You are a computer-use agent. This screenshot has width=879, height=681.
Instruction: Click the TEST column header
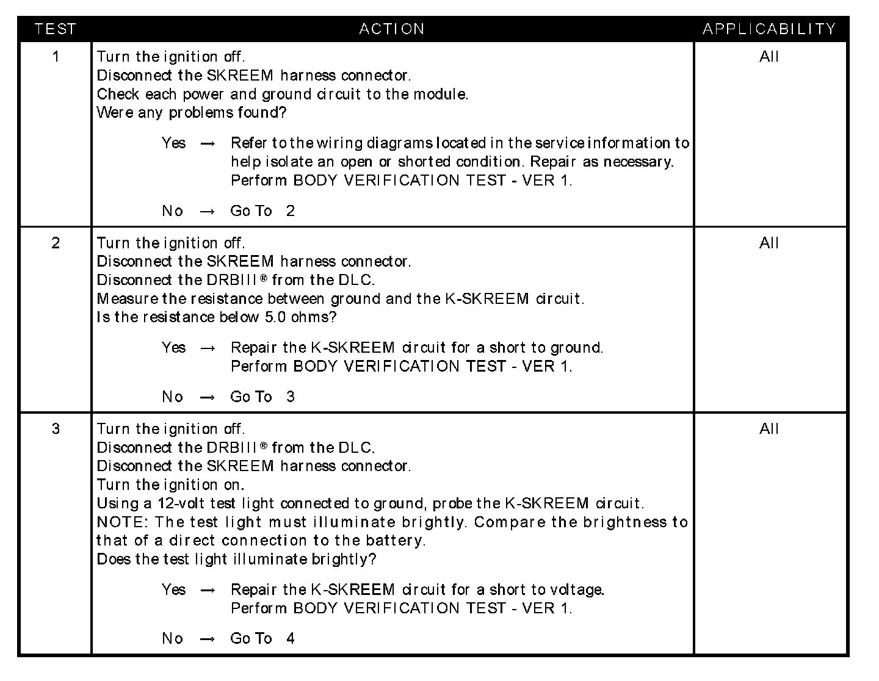[55, 29]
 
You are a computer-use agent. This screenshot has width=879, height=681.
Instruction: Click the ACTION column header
[392, 29]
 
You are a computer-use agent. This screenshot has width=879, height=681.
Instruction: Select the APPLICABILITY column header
[769, 29]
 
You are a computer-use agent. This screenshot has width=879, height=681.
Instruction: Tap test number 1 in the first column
[56, 57]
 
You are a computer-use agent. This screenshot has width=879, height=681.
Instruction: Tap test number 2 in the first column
[56, 243]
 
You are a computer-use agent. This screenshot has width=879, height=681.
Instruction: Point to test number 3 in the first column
[56, 429]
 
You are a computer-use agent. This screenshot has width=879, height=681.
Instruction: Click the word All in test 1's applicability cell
[769, 57]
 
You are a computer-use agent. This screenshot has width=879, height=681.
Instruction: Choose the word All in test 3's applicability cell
[769, 429]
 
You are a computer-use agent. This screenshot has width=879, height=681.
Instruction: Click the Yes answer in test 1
[174, 143]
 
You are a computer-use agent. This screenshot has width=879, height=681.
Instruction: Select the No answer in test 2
[173, 397]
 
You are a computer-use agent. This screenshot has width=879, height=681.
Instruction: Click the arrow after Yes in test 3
[208, 590]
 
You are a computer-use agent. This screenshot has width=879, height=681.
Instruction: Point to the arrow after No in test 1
[208, 211]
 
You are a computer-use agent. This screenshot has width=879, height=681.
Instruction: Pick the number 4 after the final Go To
[291, 638]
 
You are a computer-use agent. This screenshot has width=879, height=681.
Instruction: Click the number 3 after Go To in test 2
[291, 397]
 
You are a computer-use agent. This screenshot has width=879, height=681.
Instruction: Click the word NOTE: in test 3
[123, 522]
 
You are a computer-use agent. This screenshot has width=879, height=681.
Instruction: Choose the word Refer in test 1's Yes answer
[249, 143]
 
